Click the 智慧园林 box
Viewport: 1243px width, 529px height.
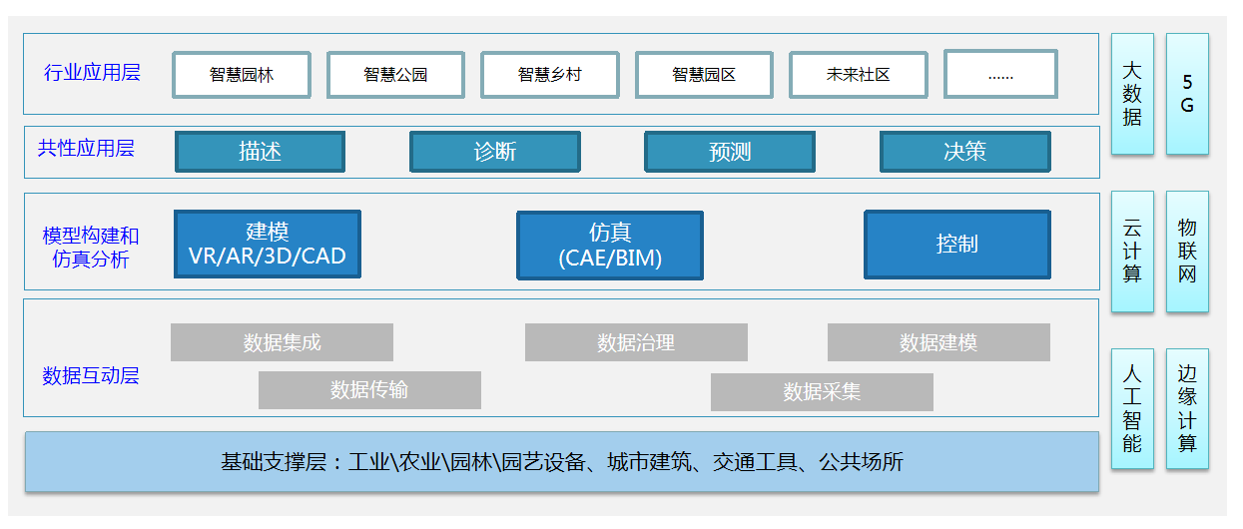241,75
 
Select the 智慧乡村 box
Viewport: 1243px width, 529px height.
549,75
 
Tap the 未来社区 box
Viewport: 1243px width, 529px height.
858,75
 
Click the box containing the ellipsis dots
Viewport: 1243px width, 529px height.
1000,75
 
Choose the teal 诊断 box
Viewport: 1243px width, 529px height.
495,152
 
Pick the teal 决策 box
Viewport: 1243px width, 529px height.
964,152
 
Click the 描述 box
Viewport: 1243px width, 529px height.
260,152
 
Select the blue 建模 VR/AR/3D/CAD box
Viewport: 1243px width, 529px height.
267,245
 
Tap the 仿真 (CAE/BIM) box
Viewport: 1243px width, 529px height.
609,246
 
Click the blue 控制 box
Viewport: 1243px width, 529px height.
956,245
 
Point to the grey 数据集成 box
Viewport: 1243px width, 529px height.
282,342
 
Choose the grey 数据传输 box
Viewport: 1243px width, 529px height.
369,390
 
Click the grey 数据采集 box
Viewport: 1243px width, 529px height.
822,392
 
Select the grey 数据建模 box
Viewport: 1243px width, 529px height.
938,342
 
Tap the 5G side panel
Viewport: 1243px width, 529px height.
1187,94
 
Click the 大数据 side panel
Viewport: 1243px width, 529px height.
1132,94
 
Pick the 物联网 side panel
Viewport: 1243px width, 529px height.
1187,252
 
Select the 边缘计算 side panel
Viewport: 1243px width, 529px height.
1187,408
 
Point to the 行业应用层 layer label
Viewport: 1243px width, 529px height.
92,73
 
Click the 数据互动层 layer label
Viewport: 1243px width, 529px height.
91,376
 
